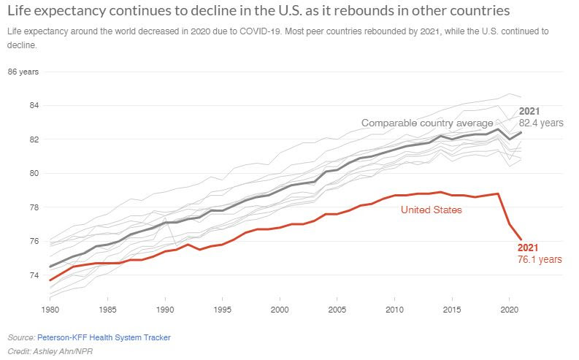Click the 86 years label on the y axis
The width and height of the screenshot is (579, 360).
click(x=23, y=72)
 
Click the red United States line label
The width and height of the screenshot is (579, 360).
click(x=432, y=210)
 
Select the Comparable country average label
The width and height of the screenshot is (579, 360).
click(x=427, y=123)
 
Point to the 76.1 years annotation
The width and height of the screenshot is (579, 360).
click(x=540, y=259)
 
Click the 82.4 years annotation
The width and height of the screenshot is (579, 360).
click(x=541, y=123)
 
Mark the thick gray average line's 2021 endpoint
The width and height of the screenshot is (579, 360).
click(x=521, y=132)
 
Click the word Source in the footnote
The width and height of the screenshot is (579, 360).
click(x=20, y=337)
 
